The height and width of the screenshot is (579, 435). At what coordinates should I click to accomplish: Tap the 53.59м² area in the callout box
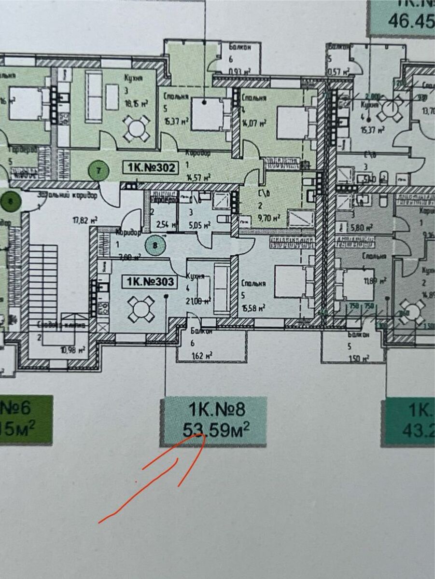click(216, 429)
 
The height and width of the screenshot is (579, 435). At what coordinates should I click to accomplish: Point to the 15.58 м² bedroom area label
click(252, 307)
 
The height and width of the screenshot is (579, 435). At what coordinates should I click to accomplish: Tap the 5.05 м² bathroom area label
click(199, 224)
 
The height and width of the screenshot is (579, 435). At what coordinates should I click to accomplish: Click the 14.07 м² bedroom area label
click(254, 123)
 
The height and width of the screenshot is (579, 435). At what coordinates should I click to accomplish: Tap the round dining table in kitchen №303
click(141, 309)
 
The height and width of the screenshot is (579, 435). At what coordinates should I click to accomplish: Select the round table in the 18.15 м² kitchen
click(137, 128)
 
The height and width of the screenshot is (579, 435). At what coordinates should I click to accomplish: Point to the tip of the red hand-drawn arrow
click(202, 434)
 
